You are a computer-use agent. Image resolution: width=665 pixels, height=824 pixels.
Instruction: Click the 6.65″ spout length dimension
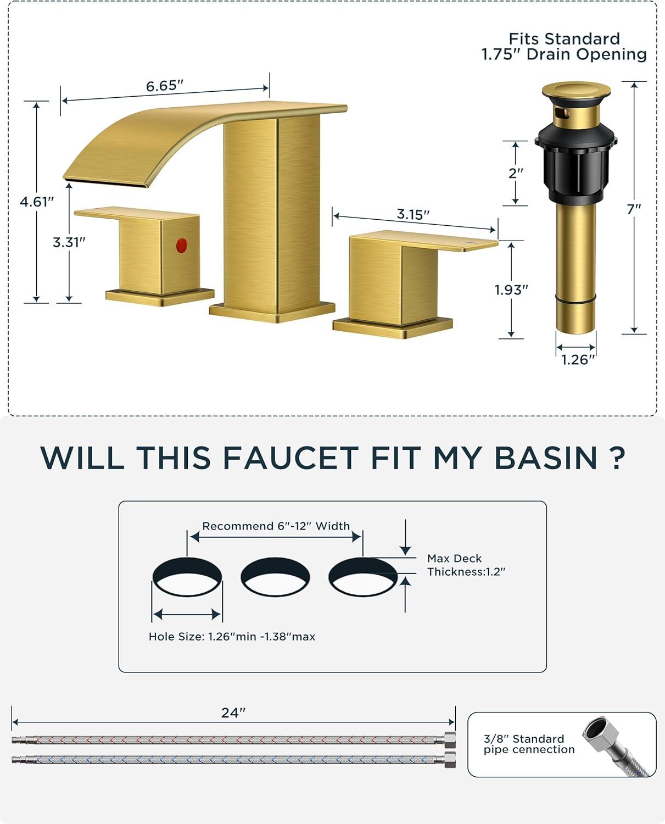(x=165, y=86)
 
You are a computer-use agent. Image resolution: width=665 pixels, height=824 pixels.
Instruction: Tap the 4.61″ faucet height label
(x=37, y=202)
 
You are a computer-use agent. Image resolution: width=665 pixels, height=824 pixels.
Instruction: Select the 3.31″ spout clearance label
(x=69, y=242)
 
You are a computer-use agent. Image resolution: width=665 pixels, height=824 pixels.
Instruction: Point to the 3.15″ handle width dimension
(x=413, y=214)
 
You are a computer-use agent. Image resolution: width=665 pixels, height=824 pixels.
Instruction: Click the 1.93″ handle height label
(x=511, y=289)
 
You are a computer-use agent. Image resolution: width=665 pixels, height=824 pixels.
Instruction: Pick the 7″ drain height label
(x=634, y=209)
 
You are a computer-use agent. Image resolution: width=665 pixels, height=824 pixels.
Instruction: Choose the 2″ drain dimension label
(x=516, y=173)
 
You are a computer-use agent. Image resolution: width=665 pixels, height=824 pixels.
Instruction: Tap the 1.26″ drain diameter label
(x=578, y=359)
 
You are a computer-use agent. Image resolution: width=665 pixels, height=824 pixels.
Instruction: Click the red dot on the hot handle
(x=181, y=245)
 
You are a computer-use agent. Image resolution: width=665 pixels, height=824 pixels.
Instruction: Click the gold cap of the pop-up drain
(x=576, y=91)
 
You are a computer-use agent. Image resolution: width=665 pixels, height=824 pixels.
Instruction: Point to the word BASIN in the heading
(x=546, y=458)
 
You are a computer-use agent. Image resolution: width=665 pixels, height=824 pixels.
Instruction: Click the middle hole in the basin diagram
(x=275, y=576)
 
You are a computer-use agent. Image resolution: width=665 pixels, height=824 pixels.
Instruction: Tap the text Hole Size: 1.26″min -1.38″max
(x=232, y=636)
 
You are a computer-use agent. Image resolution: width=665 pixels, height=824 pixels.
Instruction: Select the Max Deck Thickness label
(x=466, y=565)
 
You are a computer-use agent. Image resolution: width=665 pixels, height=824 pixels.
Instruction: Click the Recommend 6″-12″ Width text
(x=276, y=526)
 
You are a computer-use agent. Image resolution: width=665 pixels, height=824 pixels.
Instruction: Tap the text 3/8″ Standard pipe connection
(x=529, y=744)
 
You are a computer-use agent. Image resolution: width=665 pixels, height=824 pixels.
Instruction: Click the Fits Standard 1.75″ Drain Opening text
(x=564, y=47)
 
